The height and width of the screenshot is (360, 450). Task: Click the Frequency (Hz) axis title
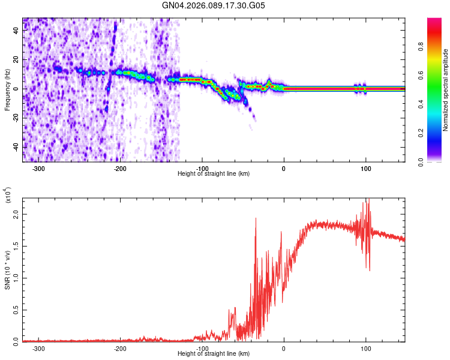click(7, 90)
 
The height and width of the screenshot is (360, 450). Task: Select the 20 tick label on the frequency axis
click(16, 60)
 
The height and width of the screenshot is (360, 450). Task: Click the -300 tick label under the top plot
click(38, 169)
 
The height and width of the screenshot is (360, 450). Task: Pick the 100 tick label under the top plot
click(365, 169)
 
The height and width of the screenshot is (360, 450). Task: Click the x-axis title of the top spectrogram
click(214, 174)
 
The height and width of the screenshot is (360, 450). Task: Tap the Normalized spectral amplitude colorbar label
click(445, 90)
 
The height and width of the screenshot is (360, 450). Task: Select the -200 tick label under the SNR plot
click(120, 349)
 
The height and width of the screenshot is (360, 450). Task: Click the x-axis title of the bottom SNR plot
click(214, 354)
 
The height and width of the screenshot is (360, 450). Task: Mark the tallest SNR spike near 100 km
click(368, 200)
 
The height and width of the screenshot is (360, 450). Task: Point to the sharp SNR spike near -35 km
click(256, 218)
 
